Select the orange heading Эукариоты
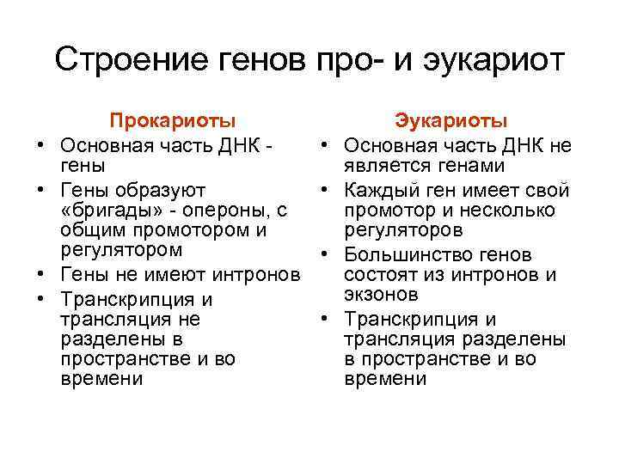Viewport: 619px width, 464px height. (451, 121)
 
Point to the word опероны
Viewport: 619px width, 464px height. (233, 210)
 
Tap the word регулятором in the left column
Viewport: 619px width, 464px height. (122, 251)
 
